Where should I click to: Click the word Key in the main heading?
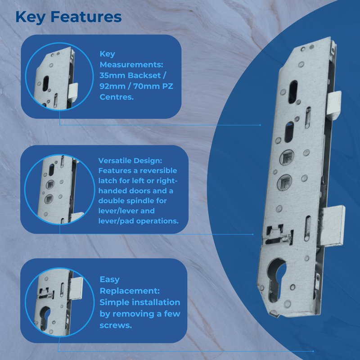30,17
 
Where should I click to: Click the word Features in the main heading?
85,17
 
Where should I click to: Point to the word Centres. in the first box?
117,97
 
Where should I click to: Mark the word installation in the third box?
156,302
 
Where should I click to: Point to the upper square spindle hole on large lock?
286,157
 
